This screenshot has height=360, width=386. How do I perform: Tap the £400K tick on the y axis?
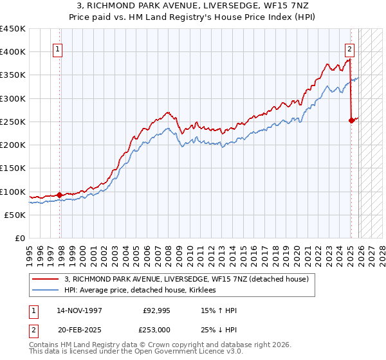pyautogui.click(x=13, y=52)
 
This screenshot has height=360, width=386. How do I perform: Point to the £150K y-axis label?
pyautogui.click(x=13, y=168)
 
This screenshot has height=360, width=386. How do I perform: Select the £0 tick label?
pyautogui.click(x=19, y=239)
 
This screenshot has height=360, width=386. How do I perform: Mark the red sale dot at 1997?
pyautogui.click(x=59, y=195)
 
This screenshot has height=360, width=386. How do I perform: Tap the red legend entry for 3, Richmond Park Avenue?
pyautogui.click(x=187, y=279)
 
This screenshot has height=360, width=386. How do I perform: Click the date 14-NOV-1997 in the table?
pyautogui.click(x=79, y=310)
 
